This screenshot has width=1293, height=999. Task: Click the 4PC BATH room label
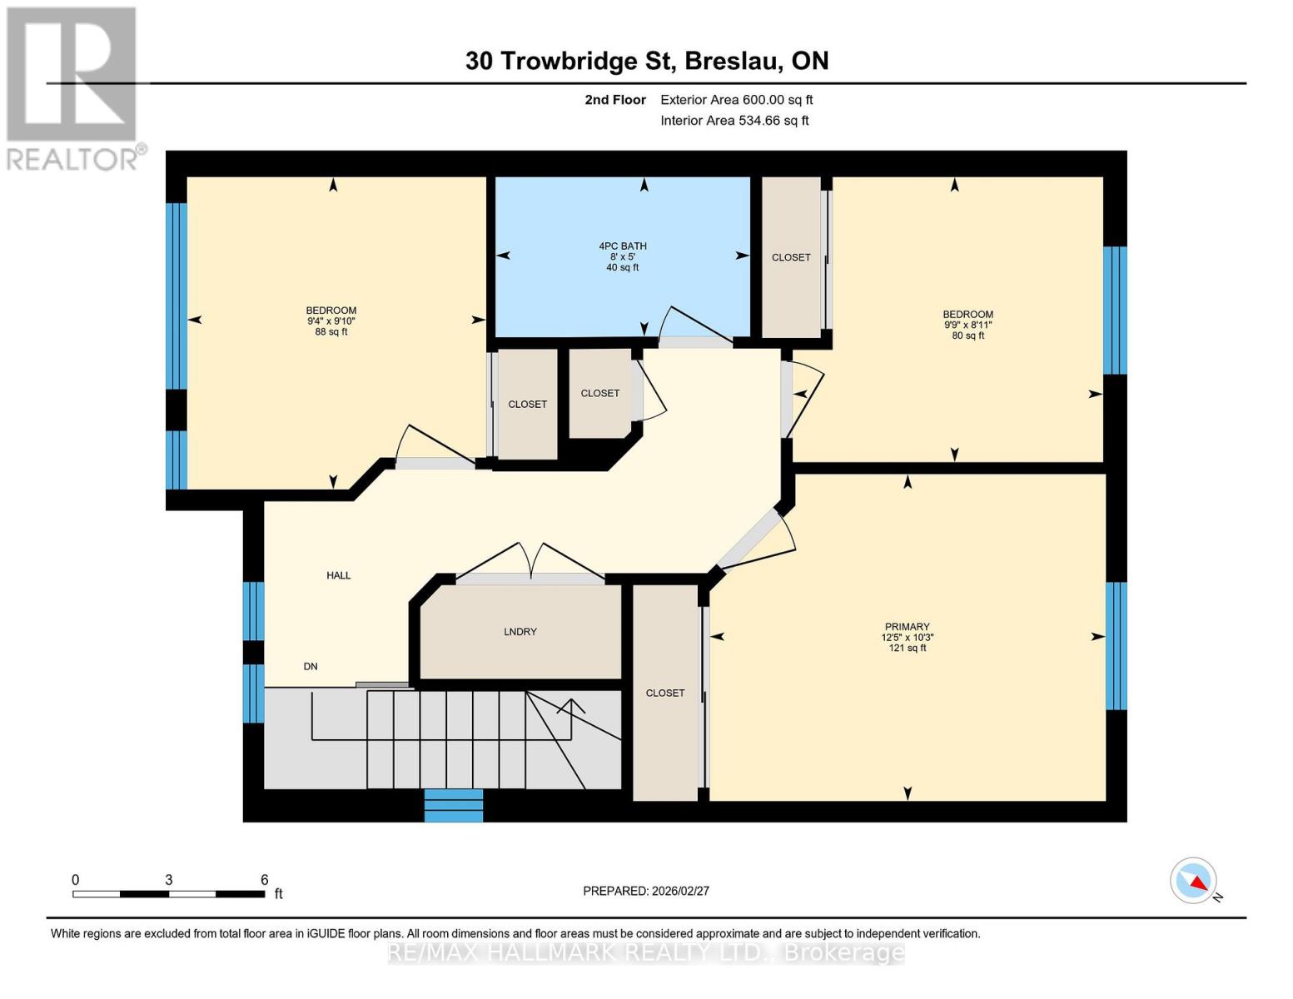pos(623,246)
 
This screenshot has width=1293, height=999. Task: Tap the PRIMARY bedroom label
pos(907,627)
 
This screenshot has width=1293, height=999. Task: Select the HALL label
pos(339,575)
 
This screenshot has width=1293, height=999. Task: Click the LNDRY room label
pos(520,632)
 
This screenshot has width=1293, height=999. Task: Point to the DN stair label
pos(311,666)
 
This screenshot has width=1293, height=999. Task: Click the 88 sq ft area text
pos(331,332)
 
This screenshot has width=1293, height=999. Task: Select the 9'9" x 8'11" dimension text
pos(968,325)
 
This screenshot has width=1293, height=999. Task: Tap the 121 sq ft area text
pos(908,648)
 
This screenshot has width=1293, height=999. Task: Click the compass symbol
pos(1193,881)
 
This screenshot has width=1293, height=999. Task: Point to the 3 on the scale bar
pos(169,880)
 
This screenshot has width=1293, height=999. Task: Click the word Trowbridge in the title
pos(569,62)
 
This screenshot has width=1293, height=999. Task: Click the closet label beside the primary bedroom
pos(665,693)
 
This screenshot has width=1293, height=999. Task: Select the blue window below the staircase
pos(454,805)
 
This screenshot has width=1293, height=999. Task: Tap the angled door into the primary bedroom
pos(754,540)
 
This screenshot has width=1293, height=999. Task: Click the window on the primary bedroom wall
pos(1116,646)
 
